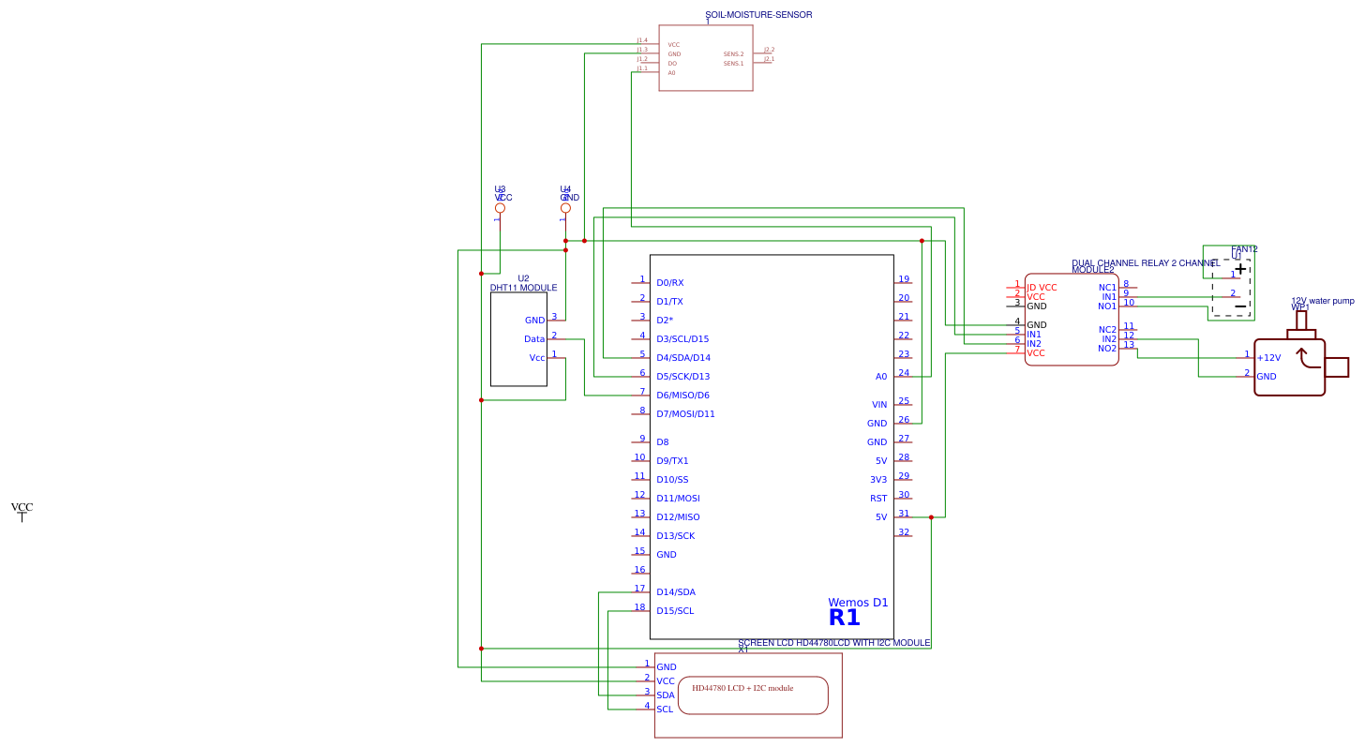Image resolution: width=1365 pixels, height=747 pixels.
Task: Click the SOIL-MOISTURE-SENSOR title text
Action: point(758,15)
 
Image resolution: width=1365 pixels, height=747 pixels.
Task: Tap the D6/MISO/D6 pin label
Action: point(682,396)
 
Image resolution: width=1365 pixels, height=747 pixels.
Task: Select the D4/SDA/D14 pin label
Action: point(682,358)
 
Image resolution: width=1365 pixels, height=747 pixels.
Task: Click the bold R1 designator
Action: point(844,618)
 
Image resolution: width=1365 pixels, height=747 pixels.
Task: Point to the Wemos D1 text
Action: point(858,603)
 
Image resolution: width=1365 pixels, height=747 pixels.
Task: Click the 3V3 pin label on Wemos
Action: point(878,480)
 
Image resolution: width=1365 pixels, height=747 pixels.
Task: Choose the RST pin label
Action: point(878,499)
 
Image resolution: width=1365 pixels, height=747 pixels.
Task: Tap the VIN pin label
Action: point(879,405)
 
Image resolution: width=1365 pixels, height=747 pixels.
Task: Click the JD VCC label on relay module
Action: point(1042,288)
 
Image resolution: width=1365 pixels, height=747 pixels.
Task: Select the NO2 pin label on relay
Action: point(1107,349)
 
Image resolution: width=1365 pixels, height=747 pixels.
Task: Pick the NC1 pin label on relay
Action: point(1107,288)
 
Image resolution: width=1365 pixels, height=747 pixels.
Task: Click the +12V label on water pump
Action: point(1268,358)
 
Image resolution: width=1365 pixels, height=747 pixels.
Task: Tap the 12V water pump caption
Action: point(1322,301)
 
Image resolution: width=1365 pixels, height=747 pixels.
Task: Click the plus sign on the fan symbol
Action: point(1240,269)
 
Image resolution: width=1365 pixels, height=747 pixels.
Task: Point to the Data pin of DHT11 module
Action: point(534,339)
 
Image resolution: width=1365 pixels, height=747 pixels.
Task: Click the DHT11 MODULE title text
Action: point(523,288)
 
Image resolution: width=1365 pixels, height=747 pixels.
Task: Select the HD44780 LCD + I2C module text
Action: point(742,688)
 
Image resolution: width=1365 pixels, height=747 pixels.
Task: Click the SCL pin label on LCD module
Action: point(665,710)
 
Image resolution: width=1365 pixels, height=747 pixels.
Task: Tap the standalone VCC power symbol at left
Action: point(22,510)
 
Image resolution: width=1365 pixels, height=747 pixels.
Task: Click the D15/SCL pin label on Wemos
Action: point(675,611)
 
